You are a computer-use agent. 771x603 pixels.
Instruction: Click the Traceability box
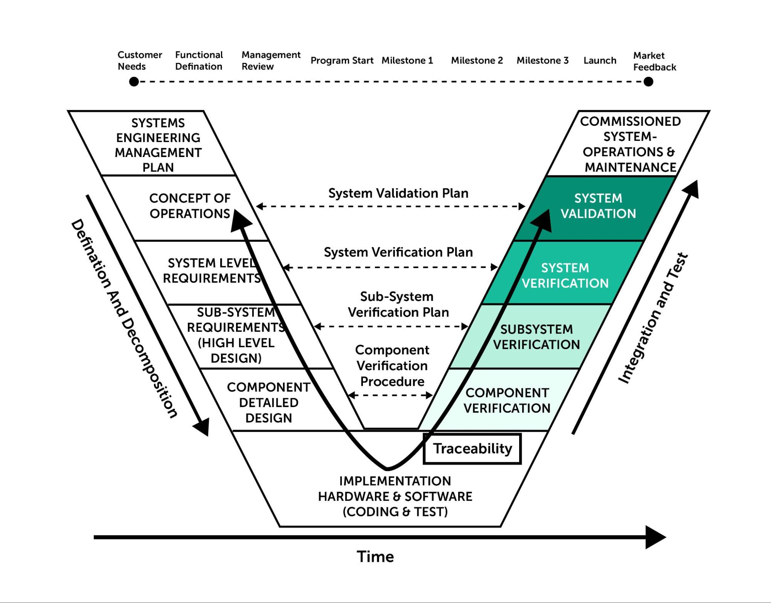pos(472,449)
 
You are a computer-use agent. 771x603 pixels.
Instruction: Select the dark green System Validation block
pos(598,206)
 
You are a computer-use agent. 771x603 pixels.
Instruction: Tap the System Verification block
pos(565,275)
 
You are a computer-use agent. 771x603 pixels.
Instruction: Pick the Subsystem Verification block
pos(536,337)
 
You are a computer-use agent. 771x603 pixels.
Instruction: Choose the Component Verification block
pos(507,400)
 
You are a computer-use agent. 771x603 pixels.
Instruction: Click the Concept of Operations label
pos(189,206)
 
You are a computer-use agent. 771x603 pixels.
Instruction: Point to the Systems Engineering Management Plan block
pos(158,145)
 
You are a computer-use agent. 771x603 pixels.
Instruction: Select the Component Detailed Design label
pos(268,402)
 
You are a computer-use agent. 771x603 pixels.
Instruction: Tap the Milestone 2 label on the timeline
pos(477,61)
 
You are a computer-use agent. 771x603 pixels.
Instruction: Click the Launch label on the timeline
pos(600,61)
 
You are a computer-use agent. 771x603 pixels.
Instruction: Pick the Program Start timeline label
pos(342,61)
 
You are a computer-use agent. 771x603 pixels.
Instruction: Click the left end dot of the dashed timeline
pos(134,82)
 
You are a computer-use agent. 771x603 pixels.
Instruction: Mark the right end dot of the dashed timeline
pos(648,82)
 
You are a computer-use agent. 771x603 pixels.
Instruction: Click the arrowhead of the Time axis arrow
pos(656,537)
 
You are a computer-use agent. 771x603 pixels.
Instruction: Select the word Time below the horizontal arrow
pos(375,557)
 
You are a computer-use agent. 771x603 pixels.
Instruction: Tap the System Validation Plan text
pos(398,193)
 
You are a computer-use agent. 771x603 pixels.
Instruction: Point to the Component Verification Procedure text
pos(392,366)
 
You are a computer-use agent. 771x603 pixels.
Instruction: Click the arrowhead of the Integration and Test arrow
pos(693,189)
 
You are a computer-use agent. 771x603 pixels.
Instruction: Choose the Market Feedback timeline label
pos(654,61)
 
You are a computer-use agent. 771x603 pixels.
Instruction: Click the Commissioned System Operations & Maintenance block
pos(630,144)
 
